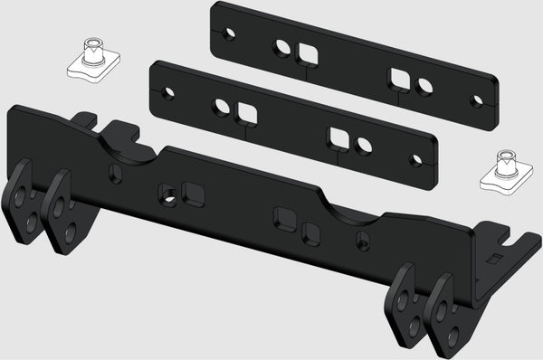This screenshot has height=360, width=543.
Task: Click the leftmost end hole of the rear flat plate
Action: click(230, 34)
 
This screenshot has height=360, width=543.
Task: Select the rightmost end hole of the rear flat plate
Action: click(477, 100)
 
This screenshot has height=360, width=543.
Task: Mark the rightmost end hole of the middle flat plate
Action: click(416, 160)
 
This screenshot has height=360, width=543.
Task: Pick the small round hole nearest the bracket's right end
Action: click(362, 241)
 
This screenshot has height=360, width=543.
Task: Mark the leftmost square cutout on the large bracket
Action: click(192, 192)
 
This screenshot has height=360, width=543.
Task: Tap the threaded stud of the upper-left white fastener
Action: click(91, 47)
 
